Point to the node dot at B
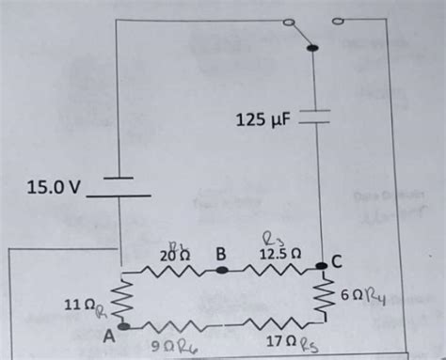pos(222,270)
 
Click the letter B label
pos(222,253)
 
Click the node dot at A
pos(122,328)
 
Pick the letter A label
pos(110,334)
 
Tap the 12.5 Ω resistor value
pos(281,253)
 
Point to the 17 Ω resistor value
pos(281,345)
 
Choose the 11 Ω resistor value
pos(78,306)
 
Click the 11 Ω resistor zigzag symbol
pos(122,299)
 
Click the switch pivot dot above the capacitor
pos(313,47)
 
